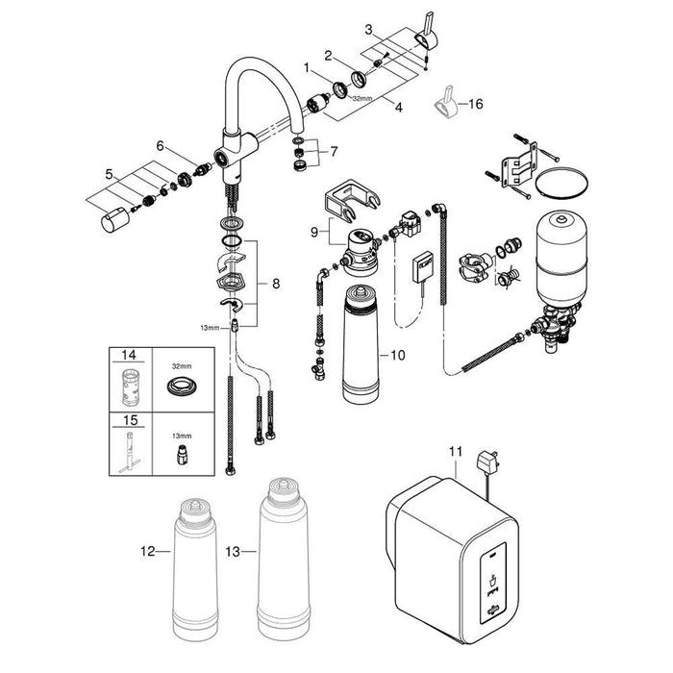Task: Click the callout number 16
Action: point(476,104)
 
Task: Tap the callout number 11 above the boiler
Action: point(456,452)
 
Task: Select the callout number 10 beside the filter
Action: point(397,356)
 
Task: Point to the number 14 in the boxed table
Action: point(129,355)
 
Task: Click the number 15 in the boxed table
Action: point(131,420)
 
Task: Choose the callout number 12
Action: point(148,551)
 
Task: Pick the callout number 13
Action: point(233,552)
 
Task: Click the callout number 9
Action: point(314,233)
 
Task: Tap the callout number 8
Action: point(276,284)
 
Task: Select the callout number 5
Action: point(109,175)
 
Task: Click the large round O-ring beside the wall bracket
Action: point(561,183)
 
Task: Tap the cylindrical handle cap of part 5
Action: point(114,220)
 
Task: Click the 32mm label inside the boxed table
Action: point(182,366)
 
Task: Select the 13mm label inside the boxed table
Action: point(182,436)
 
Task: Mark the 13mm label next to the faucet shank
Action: point(210,328)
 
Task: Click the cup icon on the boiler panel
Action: point(493,581)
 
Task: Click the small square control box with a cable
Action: point(423,267)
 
